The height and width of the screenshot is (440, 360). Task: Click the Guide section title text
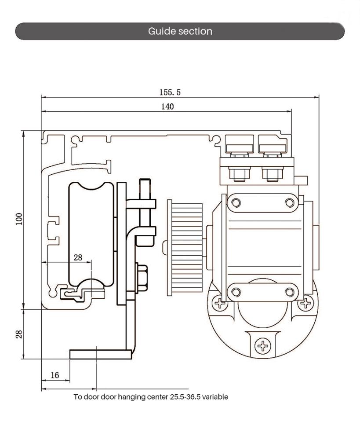click(x=180, y=31)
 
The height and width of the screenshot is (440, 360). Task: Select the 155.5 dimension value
click(x=170, y=92)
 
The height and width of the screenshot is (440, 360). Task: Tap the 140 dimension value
click(x=167, y=106)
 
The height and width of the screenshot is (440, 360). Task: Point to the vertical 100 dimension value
click(x=19, y=219)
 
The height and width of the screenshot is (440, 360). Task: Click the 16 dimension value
click(x=55, y=375)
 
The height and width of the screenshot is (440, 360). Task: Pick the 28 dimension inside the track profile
click(x=78, y=257)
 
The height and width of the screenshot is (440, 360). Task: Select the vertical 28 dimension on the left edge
click(x=19, y=334)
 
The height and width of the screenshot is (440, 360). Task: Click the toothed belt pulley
click(x=185, y=248)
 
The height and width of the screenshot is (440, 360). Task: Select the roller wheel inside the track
click(x=91, y=234)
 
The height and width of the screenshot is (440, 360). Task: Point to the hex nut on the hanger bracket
click(x=142, y=278)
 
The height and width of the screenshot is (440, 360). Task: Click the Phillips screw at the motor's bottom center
click(x=263, y=346)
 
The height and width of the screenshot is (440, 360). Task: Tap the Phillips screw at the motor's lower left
click(x=219, y=303)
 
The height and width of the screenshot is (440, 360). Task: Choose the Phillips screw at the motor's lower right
click(x=305, y=303)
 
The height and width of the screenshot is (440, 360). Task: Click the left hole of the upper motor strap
click(x=236, y=202)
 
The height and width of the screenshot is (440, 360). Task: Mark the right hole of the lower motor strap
click(x=289, y=292)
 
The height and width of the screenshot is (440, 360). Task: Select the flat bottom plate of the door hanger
click(x=101, y=354)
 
